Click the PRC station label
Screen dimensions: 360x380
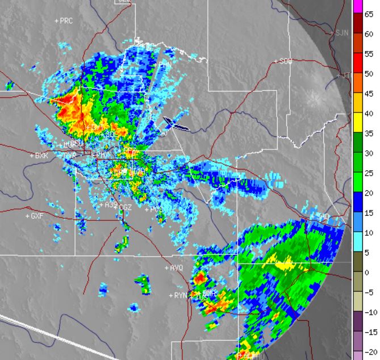click(66, 20)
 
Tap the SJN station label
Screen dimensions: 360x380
click(341, 33)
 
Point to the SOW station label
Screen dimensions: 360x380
click(285, 61)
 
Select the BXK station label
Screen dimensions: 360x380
click(41, 155)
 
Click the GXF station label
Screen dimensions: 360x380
click(37, 216)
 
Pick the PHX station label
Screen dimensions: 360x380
click(102, 154)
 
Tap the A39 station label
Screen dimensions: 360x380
click(112, 204)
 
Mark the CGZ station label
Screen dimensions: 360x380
click(126, 208)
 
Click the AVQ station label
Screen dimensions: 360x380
click(177, 267)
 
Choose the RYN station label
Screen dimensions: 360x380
click(181, 295)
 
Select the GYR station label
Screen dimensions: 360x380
click(70, 155)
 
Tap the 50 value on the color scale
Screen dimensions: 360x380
click(368, 74)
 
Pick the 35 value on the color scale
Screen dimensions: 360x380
click(368, 133)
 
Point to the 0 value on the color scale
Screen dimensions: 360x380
click(368, 273)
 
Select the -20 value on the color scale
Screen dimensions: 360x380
click(367, 352)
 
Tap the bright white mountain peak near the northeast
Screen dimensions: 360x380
click(314, 101)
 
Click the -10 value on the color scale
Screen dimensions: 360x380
click(367, 312)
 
